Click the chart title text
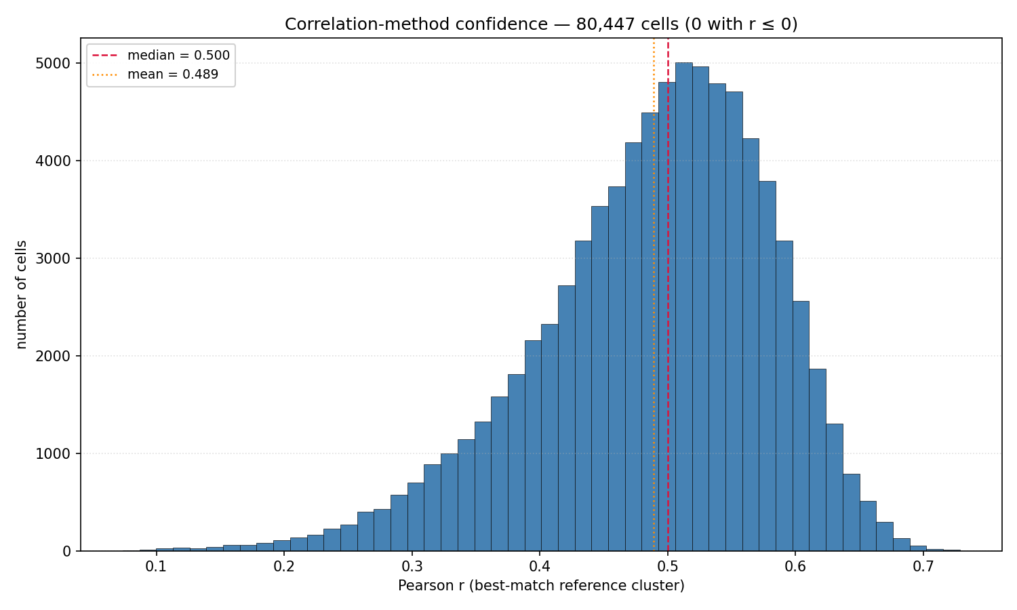pos(541,24)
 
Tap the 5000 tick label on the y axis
pos(53,63)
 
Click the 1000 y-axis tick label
pos(53,453)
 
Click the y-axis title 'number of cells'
pos(21,295)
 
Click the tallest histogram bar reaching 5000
pos(683,307)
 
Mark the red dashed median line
pos(668,295)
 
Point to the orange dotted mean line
pos(654,295)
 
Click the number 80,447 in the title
pos(605,24)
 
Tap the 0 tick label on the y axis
pos(66,551)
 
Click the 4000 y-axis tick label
pos(53,161)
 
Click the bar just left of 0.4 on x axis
pos(533,446)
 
